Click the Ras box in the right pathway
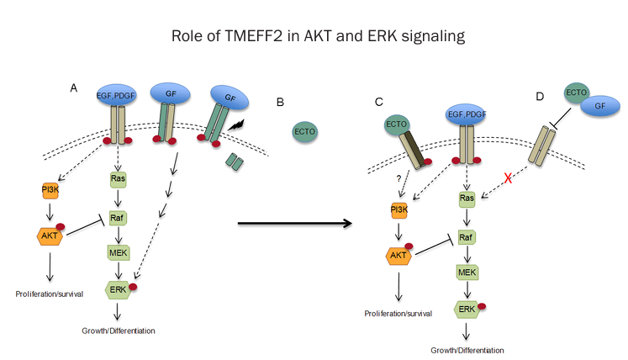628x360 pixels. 467,199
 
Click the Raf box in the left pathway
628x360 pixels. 118,215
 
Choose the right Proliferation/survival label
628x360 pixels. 398,313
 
